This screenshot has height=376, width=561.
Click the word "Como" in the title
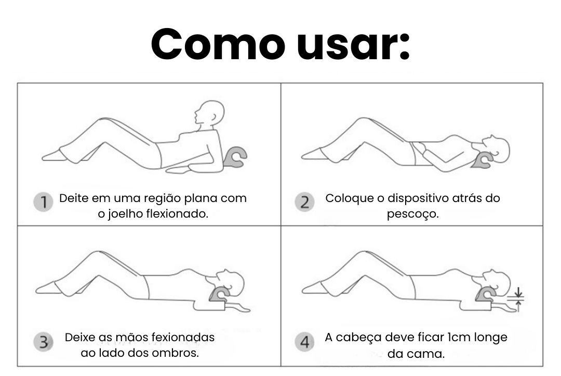(218, 44)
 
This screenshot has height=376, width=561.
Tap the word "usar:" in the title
(354, 44)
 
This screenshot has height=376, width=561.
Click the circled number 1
(43, 202)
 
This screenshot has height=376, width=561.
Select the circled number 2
(304, 202)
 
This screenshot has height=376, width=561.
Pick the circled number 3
(43, 342)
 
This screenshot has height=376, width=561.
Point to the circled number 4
(304, 342)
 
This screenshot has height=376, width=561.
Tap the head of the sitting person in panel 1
(209, 114)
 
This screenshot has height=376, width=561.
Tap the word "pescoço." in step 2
(412, 214)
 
